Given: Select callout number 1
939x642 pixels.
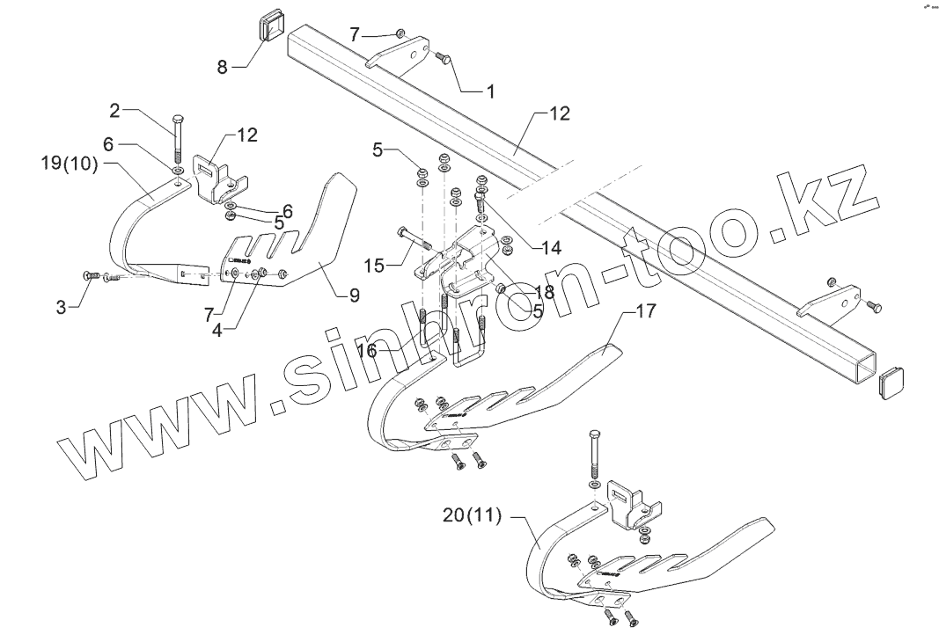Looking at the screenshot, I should [490, 91].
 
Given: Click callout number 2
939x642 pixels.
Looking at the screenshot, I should [114, 110].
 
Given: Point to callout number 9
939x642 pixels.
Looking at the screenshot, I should [354, 296].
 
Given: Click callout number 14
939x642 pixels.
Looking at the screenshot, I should [528, 247].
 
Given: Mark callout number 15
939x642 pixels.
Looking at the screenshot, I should [373, 264].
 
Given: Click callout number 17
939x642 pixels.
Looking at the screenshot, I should [645, 311].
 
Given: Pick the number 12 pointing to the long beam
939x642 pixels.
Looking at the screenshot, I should [559, 113].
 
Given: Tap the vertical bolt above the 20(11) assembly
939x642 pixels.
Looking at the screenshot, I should [595, 454].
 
